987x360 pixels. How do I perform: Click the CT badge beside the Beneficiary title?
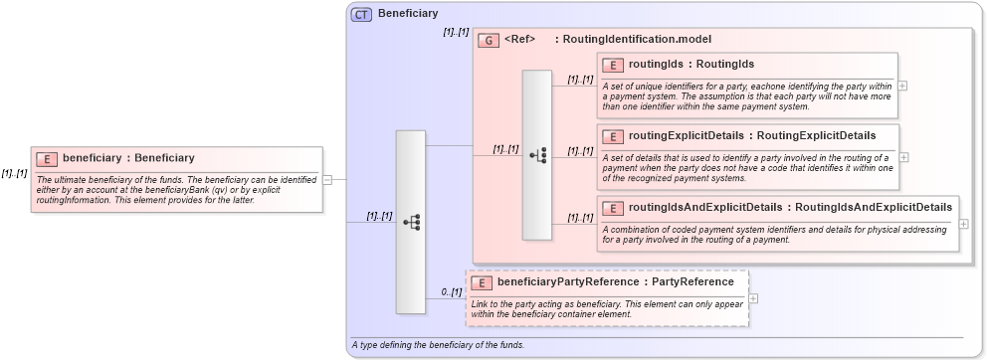pos(361,14)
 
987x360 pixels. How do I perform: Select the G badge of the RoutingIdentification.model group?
pos(488,40)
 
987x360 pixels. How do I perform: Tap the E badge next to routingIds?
pos(613,65)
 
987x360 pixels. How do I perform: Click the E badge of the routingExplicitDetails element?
pos(613,136)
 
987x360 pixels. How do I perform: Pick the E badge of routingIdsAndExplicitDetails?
pos(613,208)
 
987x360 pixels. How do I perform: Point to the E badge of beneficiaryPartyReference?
pos(482,282)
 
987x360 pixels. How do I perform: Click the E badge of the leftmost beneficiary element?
pos(47,158)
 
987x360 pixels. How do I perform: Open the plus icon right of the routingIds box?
pos(902,86)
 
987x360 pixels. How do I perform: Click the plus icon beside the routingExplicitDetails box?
pos(903,157)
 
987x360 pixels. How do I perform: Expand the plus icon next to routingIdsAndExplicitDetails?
pos(964,223)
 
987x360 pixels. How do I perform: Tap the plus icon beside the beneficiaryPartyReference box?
pos(753,297)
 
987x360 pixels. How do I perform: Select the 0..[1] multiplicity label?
pos(451,292)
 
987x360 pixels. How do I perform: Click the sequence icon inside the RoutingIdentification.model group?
pos(537,155)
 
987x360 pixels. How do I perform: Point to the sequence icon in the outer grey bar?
pos(411,223)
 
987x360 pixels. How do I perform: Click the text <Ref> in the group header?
pos(520,40)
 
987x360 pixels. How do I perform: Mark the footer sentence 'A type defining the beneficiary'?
pos(438,345)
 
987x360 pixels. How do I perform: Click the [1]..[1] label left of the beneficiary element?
pos(14,173)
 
